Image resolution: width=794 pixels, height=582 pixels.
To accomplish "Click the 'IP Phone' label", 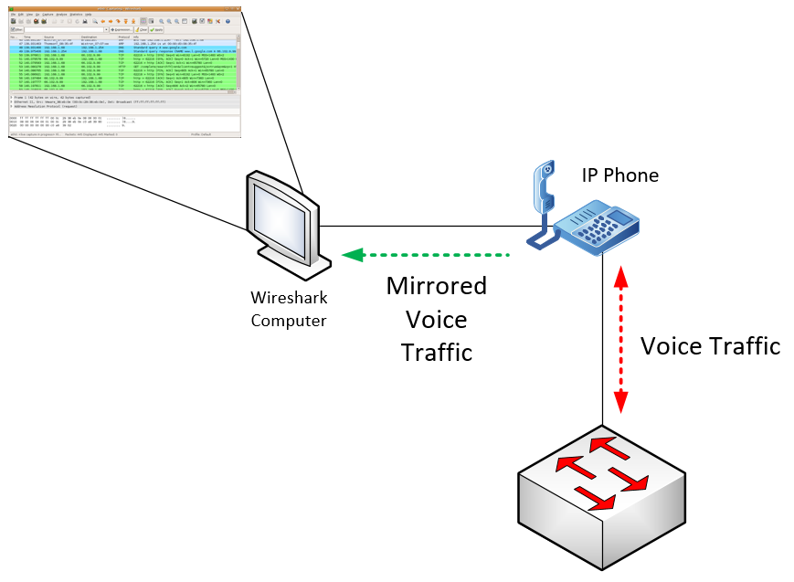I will pos(619,175).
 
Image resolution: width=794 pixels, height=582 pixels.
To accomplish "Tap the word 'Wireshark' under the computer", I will pos(289,299).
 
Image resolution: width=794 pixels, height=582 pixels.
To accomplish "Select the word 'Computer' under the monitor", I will pos(289,320).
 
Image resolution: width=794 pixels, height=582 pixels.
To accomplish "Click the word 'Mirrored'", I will pos(436,286).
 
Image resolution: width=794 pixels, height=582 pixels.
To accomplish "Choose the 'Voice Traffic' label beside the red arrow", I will pos(710,346).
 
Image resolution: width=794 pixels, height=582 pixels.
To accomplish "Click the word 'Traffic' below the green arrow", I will pos(436,352).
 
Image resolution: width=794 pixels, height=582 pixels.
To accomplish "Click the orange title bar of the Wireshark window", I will pos(123,8).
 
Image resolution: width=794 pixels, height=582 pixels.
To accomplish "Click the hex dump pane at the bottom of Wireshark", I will pos(91,122).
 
